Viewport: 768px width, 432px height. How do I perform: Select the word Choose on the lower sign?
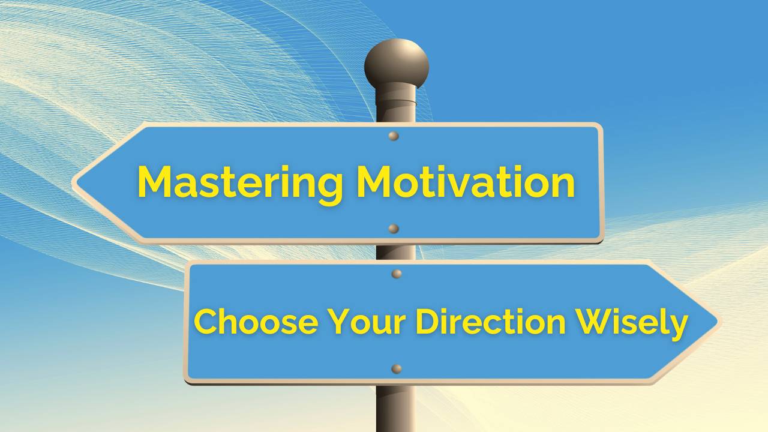256,322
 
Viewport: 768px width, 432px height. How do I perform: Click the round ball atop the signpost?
397,63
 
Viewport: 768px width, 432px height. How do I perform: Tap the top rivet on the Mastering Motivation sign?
394,136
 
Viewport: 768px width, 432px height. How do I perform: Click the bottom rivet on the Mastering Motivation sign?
394,229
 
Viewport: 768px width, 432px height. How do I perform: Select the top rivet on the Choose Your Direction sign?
397,274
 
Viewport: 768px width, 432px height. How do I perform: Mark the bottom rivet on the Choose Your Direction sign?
397,368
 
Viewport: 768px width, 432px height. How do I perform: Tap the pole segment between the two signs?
396,252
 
